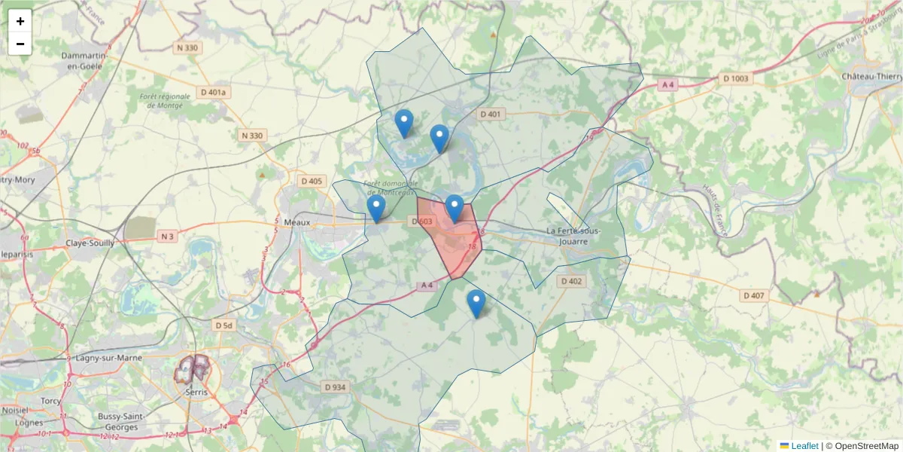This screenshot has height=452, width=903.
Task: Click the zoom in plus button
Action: tap(20, 21)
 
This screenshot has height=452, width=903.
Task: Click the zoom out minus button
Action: tap(20, 44)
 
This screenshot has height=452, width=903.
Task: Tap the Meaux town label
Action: tap(298, 221)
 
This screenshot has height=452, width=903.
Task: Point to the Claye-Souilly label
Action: tap(90, 243)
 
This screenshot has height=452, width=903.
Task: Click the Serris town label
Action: tap(196, 392)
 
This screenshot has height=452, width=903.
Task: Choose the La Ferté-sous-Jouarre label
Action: tap(573, 237)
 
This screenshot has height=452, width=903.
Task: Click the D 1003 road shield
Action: tap(736, 78)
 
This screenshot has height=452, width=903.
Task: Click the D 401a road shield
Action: tap(214, 93)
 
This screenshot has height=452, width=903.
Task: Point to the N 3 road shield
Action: tap(167, 237)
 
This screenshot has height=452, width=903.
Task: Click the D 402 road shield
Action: tap(571, 281)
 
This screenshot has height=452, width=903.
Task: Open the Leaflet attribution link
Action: tap(804, 446)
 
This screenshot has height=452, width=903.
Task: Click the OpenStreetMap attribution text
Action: tap(866, 446)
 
